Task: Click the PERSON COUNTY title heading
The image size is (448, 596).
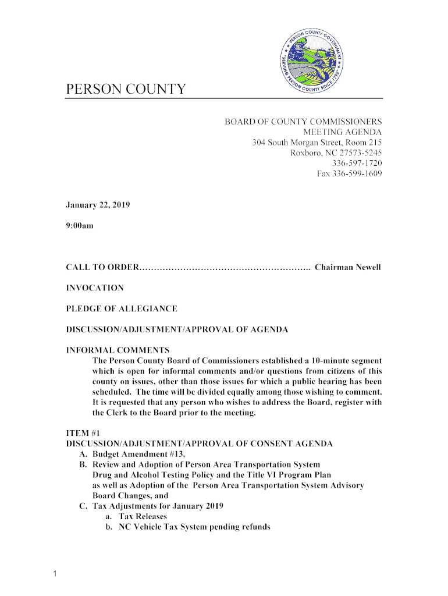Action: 126,90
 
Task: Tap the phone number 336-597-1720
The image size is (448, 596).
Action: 356,163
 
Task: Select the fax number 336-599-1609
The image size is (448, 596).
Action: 349,173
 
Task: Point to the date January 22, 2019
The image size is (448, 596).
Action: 97,205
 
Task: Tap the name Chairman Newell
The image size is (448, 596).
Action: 347,267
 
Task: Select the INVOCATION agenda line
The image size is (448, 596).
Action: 94,288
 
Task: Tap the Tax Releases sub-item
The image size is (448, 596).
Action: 143,516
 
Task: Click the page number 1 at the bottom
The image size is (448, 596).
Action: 53,575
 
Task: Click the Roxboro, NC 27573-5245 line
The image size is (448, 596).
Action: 336,153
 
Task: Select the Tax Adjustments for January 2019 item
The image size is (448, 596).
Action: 158,506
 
